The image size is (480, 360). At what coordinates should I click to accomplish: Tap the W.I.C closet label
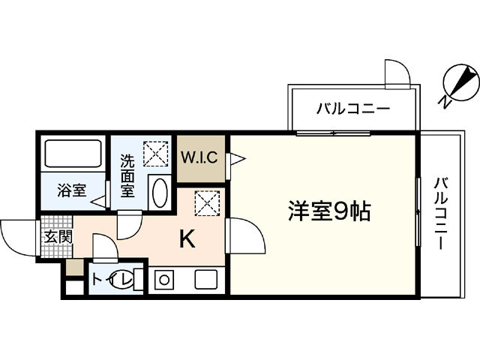click(x=199, y=158)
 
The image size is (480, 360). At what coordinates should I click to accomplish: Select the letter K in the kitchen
click(x=187, y=239)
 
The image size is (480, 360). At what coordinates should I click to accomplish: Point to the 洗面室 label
click(x=127, y=174)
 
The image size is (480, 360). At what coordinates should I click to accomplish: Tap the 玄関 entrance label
click(x=55, y=237)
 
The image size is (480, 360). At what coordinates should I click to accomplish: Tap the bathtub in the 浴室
click(x=73, y=154)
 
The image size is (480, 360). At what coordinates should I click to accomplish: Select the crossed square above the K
click(x=205, y=202)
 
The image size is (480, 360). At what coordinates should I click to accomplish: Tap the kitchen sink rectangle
click(x=205, y=280)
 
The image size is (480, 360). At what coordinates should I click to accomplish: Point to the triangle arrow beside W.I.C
click(x=235, y=159)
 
